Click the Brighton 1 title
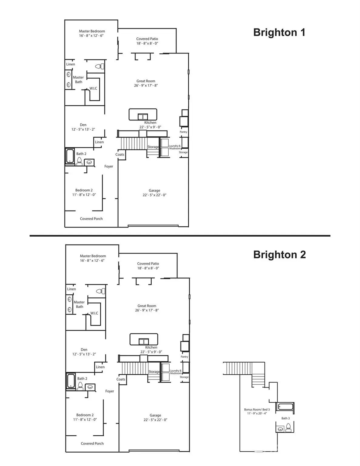(279, 32)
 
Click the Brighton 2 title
(279, 255)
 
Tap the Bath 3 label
(285, 418)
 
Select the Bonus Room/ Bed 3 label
(257, 410)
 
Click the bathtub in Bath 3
(285, 407)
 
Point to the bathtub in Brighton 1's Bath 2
(70, 156)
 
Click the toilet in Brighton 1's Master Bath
(100, 66)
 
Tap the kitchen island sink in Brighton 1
(143, 117)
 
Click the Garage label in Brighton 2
(155, 415)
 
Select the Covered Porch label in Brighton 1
(91, 219)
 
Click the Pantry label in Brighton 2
(184, 357)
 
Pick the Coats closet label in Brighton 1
(120, 154)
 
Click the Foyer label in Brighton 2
(110, 391)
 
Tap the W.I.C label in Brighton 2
(94, 313)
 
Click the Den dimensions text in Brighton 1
(83, 130)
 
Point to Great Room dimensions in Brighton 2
(147, 310)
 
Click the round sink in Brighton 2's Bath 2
(90, 387)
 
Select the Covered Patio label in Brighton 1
(147, 39)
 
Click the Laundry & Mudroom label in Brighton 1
(175, 147)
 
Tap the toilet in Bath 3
(288, 428)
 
